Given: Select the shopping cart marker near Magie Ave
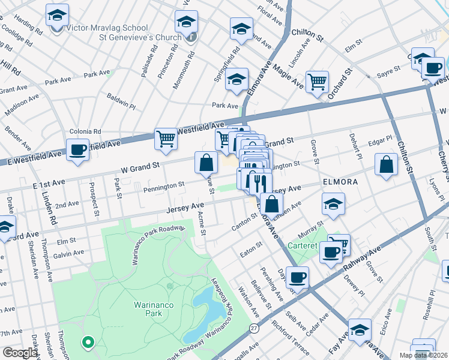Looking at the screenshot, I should tap(317, 82).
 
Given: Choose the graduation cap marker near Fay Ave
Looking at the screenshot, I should tap(360, 331).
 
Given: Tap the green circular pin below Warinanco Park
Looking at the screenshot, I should tap(88, 343).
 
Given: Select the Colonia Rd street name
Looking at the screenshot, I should tap(85, 131).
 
